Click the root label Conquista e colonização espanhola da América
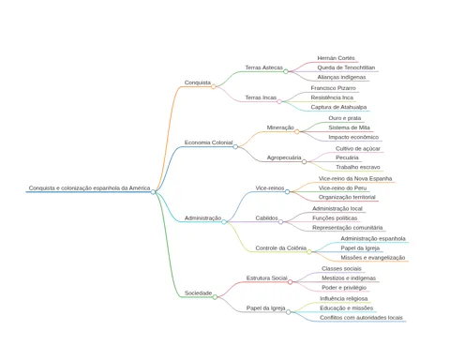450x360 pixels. click(x=89, y=188)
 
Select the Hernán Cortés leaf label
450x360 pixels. click(x=336, y=58)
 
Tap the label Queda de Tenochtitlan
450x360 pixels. click(x=346, y=67)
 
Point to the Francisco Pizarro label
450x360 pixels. click(x=333, y=88)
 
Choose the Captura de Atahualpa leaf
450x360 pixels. click(x=338, y=107)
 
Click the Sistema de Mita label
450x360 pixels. click(x=349, y=127)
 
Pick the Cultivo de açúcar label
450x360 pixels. click(x=358, y=148)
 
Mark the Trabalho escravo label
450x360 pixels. click(x=358, y=167)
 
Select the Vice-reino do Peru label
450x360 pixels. click(x=342, y=188)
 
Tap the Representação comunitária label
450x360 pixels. click(x=348, y=228)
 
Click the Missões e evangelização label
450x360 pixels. click(x=373, y=258)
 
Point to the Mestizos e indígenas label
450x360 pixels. click(x=349, y=278)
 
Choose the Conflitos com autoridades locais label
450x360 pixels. click(x=361, y=318)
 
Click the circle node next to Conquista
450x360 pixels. click(x=214, y=87)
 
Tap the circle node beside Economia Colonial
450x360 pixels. click(x=235, y=147)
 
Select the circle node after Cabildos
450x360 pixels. click(x=280, y=222)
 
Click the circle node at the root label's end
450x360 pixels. click(x=153, y=192)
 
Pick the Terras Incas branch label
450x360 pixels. click(x=261, y=97)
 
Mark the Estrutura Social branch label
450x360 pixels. click(x=267, y=278)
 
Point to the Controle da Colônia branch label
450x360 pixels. click(x=281, y=248)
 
